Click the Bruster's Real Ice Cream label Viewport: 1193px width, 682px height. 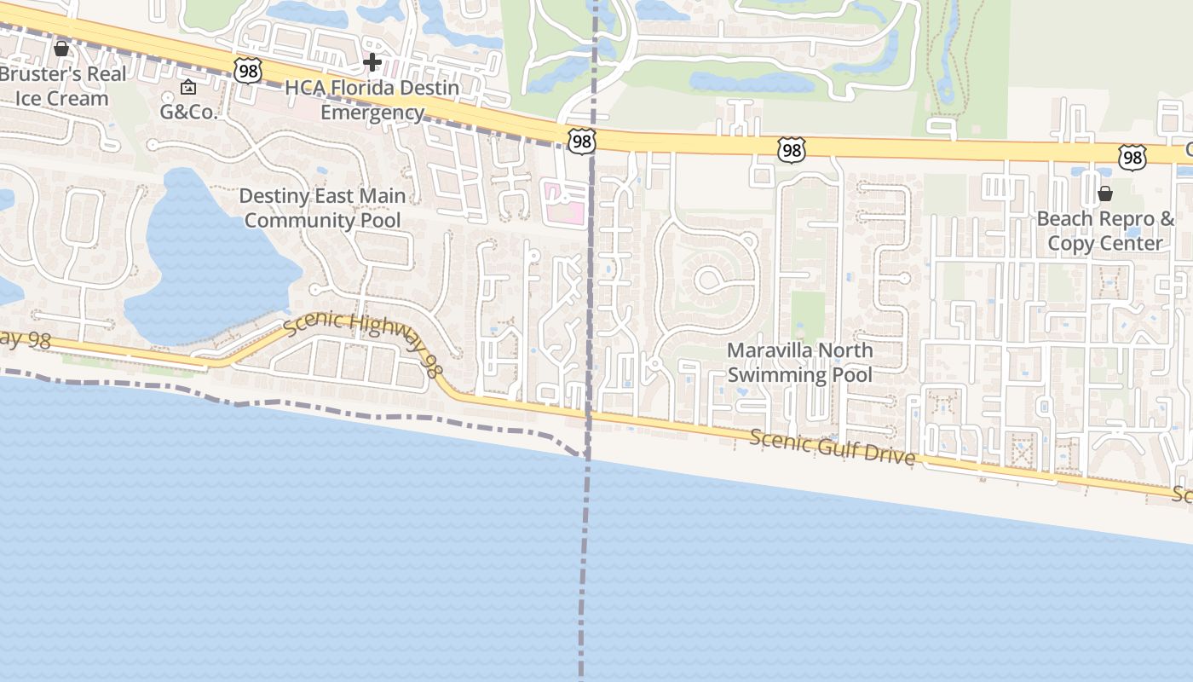(x=63, y=86)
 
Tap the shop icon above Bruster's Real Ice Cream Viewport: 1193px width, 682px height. (x=61, y=49)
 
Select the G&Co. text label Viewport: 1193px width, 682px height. (x=188, y=112)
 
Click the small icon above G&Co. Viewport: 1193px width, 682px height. (x=188, y=87)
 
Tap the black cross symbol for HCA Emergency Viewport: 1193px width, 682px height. (x=372, y=62)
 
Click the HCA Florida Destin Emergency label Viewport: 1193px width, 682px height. (x=372, y=100)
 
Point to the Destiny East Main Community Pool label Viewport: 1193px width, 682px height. (x=322, y=208)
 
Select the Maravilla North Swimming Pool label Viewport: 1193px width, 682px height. (x=799, y=362)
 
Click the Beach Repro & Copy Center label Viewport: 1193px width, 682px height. (x=1105, y=231)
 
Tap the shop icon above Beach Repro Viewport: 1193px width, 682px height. (x=1105, y=194)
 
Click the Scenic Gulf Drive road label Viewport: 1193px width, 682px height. (x=833, y=448)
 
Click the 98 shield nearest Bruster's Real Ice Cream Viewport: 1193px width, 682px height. (x=248, y=71)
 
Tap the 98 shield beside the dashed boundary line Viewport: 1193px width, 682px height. (x=581, y=142)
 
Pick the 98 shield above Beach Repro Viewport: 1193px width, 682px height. (x=1132, y=156)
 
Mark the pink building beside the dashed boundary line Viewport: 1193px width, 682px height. (x=565, y=203)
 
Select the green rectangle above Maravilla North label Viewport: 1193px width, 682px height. (x=808, y=316)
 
